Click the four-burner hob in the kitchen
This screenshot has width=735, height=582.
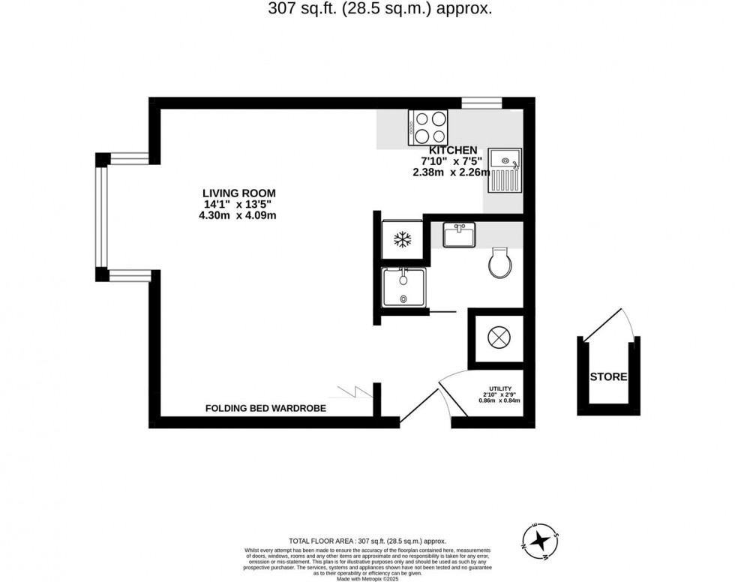(x=428, y=127)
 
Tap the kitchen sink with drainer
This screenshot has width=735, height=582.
(x=505, y=170)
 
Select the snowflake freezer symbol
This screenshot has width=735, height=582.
(x=403, y=240)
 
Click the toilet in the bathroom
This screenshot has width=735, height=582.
(x=499, y=262)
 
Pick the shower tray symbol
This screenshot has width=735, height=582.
(x=403, y=287)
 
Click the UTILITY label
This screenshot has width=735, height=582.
(x=499, y=386)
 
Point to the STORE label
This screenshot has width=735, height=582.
(x=608, y=376)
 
